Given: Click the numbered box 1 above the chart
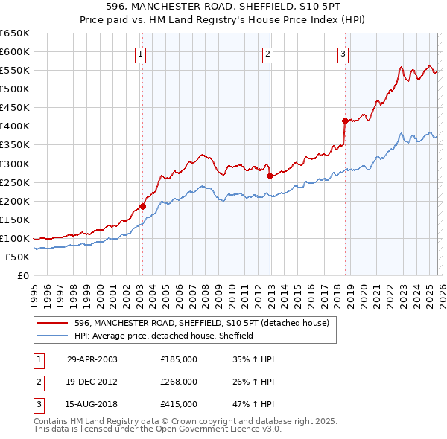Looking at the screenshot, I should click(x=141, y=53).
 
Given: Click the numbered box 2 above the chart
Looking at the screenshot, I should click(x=267, y=53).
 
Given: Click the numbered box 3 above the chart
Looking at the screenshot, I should click(x=343, y=53).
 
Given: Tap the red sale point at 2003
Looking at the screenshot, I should click(x=142, y=207).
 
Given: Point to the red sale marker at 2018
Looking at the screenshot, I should click(x=345, y=121).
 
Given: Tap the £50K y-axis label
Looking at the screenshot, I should click(x=17, y=257).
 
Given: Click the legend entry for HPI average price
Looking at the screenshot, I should click(x=164, y=336).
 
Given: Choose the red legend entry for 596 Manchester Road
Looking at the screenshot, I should click(x=206, y=323).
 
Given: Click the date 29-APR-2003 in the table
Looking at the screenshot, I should click(x=92, y=359).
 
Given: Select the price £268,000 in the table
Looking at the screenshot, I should click(x=179, y=382).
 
